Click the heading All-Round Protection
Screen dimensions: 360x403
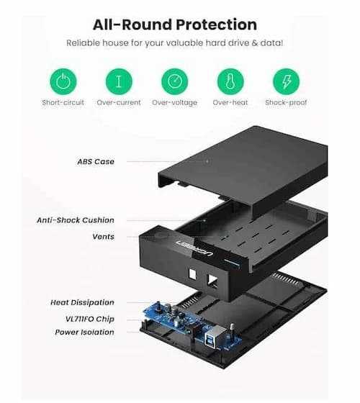[x=175, y=25]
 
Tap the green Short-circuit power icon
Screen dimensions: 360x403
[x=63, y=81]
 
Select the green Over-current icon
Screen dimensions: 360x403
[x=119, y=81]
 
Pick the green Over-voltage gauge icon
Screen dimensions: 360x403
[x=174, y=81]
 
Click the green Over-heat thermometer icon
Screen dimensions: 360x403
[x=230, y=81]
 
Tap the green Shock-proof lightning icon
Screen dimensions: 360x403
[x=287, y=81]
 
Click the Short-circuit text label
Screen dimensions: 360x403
[x=63, y=102]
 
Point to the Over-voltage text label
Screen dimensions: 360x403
[x=174, y=103]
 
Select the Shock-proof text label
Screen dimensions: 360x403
[x=286, y=103]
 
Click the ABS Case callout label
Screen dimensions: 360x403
[x=96, y=162]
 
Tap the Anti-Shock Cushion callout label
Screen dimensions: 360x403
[x=76, y=220]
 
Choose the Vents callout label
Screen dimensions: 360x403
[x=104, y=237]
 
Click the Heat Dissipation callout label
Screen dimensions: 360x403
[x=82, y=302]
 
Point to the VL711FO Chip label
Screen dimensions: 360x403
[x=90, y=319]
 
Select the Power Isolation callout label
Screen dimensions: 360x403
[x=85, y=332]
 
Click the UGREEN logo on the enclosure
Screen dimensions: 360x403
[x=194, y=248]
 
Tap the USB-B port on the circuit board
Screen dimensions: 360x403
[x=212, y=335]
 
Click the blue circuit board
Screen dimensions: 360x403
[x=192, y=325]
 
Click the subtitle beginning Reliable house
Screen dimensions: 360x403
[x=175, y=43]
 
